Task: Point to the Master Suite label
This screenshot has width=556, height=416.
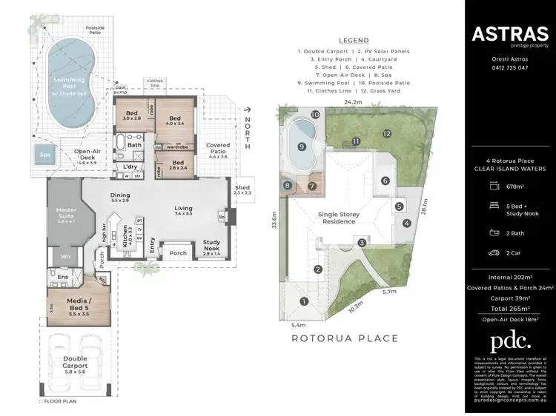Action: (x=67, y=215)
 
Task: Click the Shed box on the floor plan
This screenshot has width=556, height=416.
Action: (x=243, y=189)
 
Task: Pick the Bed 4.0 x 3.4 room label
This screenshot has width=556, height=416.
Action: (x=175, y=122)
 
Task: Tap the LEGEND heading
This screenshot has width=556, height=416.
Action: (x=353, y=41)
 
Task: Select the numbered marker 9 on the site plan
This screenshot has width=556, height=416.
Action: (x=302, y=147)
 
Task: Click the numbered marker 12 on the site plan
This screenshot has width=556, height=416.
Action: (x=386, y=133)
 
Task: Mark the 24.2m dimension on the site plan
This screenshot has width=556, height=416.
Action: (x=353, y=102)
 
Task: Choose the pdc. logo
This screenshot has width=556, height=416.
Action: (x=510, y=340)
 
